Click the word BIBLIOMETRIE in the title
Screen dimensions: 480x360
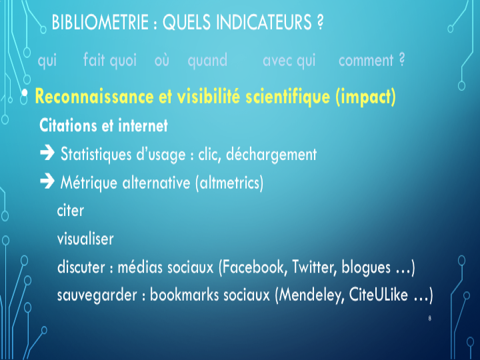[100, 23]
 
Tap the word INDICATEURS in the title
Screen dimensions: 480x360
[264, 23]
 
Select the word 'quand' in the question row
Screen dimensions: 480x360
[207, 61]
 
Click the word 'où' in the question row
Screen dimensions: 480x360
[161, 60]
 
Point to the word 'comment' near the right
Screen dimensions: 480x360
[366, 61]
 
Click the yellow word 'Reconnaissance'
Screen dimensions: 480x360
[94, 97]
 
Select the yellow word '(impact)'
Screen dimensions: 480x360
[365, 97]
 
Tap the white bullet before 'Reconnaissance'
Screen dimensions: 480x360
[25, 92]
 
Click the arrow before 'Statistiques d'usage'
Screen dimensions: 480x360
[47, 153]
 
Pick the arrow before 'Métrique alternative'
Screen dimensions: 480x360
[47, 181]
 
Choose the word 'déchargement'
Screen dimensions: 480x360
[271, 155]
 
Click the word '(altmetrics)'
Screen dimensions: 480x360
[229, 183]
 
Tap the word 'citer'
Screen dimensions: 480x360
[71, 211]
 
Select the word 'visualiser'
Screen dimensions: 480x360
[85, 239]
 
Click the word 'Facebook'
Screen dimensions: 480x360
[253, 267]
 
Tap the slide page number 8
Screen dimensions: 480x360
[430, 319]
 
